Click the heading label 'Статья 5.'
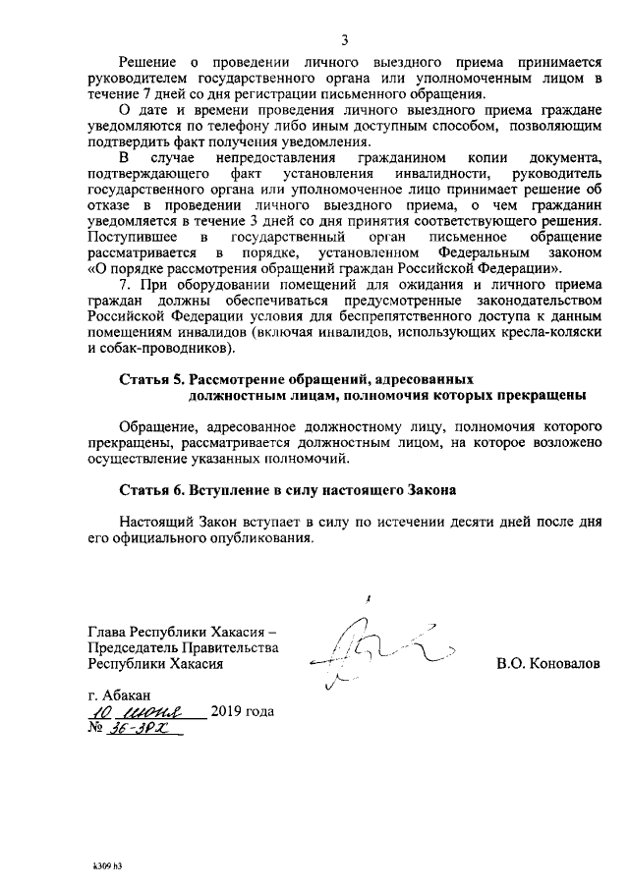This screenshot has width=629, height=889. tap(151, 378)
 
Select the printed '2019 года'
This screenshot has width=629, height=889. tap(242, 711)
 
